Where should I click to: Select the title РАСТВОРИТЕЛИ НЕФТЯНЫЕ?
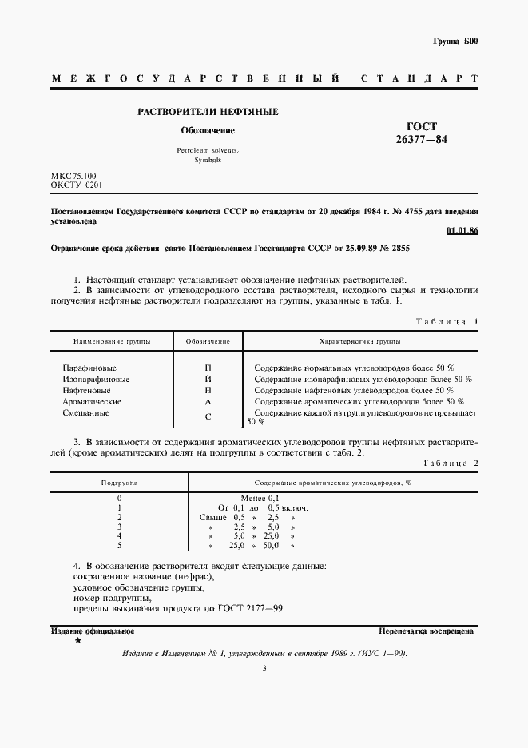pos(208,112)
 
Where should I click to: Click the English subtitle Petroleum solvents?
pos(207,150)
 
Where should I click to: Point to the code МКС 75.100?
pos(73,175)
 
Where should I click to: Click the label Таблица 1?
pos(447,321)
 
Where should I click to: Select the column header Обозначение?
pos(208,341)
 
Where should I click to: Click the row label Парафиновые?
pos(87,366)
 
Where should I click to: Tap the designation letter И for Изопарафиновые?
pos(208,378)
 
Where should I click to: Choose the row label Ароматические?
pos(91,401)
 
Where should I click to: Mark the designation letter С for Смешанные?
pos(208,416)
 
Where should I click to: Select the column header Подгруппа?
pos(119,483)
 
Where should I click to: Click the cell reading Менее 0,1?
pos(260,498)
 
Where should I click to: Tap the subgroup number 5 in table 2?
pos(119,545)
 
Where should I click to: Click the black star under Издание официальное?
pos(77,641)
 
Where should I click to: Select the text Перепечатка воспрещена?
pos(426,631)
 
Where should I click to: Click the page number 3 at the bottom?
pos(264,668)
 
